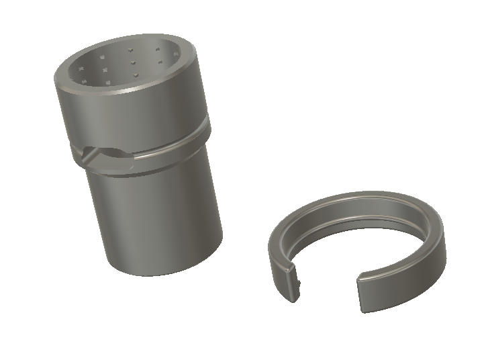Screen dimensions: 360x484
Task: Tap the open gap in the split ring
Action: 329,282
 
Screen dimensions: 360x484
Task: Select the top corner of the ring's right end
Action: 359,275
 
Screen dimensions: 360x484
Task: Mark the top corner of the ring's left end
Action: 283,264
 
